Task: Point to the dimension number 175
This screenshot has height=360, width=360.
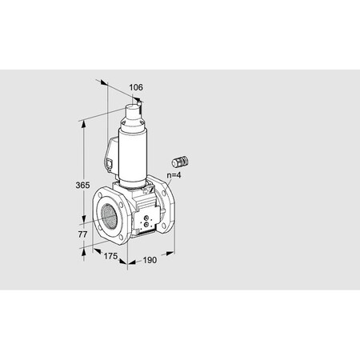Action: (x=110, y=256)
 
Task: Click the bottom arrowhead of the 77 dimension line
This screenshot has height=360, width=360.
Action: (x=83, y=250)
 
